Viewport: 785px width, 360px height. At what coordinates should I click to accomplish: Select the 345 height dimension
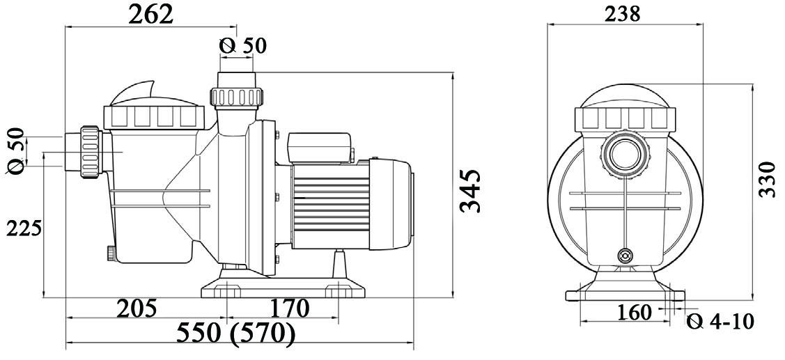tap(470, 191)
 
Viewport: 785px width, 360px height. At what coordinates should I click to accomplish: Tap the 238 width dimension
tap(622, 13)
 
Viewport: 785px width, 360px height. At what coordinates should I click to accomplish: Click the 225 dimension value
tap(24, 228)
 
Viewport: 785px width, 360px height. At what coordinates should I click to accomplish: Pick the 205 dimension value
tap(137, 308)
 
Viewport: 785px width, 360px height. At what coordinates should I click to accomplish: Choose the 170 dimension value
tap(289, 308)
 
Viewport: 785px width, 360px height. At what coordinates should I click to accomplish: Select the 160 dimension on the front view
tap(635, 313)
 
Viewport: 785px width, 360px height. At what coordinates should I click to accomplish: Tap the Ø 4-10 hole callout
tap(720, 321)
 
